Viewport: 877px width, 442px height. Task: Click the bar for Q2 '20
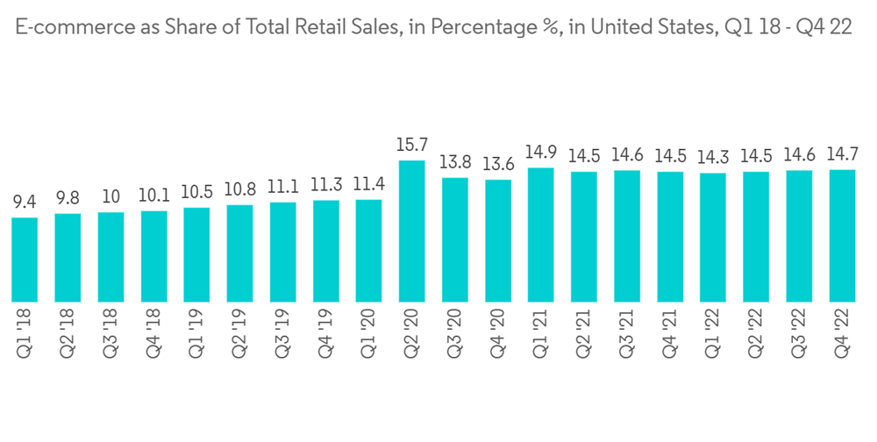[411, 232]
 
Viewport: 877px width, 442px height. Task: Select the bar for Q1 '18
[25, 260]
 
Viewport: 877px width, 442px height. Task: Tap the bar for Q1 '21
[541, 235]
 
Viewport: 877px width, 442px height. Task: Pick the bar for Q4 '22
[842, 236]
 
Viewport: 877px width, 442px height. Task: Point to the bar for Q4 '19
[326, 252]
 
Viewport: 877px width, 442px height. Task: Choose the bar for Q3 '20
[455, 240]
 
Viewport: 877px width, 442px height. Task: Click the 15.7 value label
[411, 145]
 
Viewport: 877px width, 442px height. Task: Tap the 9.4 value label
[25, 202]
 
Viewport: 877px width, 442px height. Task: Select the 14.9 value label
[541, 152]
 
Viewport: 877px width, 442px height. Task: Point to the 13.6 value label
[498, 164]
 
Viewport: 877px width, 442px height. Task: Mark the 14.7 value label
[842, 154]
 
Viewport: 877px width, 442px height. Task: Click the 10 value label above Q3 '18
[111, 196]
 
